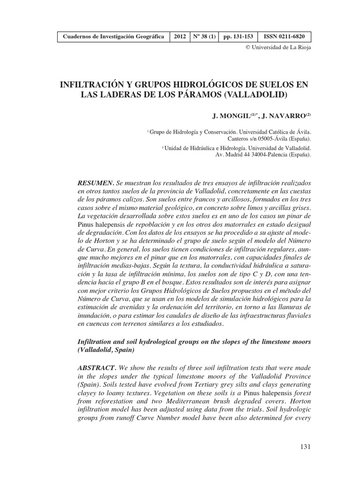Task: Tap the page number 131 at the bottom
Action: (305, 447)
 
